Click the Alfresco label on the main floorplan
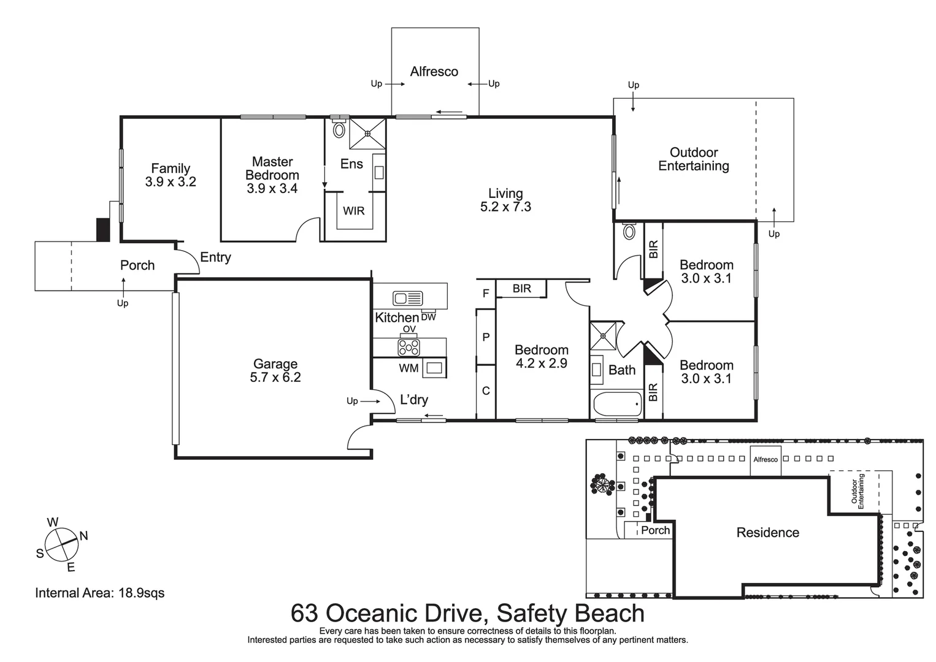[x=434, y=72]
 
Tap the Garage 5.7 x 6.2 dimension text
[x=275, y=378]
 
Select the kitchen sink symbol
[x=408, y=299]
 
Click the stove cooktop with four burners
[x=409, y=348]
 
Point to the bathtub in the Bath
[x=618, y=404]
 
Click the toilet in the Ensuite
[x=339, y=130]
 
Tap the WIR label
[x=353, y=211]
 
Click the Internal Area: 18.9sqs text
[x=100, y=593]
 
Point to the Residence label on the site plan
[x=767, y=533]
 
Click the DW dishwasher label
[x=428, y=317]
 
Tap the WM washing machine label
[x=409, y=368]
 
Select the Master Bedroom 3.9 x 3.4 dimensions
[x=272, y=189]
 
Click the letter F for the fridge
[x=486, y=294]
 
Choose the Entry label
[x=215, y=257]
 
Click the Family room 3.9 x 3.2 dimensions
[x=171, y=182]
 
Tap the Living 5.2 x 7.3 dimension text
[x=505, y=207]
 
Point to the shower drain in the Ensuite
[x=367, y=133]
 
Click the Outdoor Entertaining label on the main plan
[x=694, y=159]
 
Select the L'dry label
[x=414, y=400]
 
